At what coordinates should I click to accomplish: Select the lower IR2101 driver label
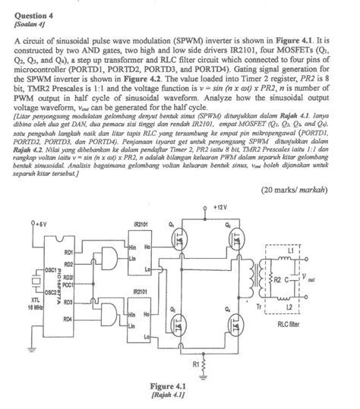[x=141, y=291]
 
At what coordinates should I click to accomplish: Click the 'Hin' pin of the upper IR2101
[x=132, y=247]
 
